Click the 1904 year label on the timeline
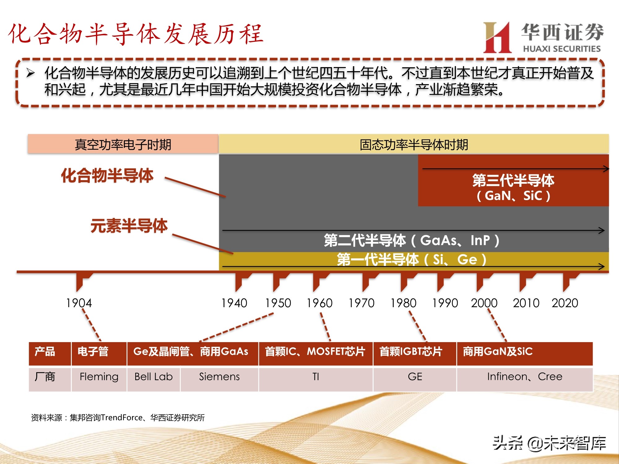[79, 303]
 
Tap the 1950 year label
[278, 303]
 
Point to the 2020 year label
[565, 303]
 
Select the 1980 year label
[403, 303]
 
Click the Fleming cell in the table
[99, 377]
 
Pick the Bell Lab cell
[154, 377]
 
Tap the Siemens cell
[219, 377]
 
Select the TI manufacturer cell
[316, 377]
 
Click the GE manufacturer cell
[415, 377]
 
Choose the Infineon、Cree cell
[525, 377]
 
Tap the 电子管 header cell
[93, 352]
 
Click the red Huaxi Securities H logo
[497, 37]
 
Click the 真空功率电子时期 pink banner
[123, 144]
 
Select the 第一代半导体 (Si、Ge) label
[412, 260]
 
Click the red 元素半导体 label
[129, 226]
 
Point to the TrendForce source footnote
[118, 418]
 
